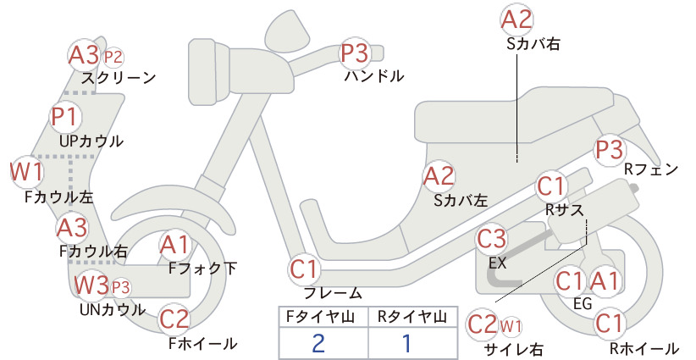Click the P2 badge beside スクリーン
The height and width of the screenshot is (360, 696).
(113, 58)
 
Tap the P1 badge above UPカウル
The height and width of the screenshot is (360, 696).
(66, 116)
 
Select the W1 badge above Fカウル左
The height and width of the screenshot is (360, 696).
(26, 172)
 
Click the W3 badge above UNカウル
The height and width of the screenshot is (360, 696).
(91, 285)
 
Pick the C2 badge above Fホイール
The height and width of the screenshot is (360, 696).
(174, 318)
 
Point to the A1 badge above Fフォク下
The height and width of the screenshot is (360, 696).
(175, 245)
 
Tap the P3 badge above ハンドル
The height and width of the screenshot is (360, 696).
(355, 53)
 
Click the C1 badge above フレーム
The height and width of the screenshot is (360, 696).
(305, 269)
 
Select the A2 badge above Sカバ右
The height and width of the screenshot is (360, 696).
(516, 19)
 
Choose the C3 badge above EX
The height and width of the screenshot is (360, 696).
(491, 239)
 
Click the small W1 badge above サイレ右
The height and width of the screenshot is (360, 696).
(511, 327)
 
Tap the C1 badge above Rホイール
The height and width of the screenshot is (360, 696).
(609, 324)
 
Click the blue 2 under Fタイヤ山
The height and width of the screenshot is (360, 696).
(318, 343)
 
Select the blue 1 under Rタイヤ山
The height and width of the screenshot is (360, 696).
(406, 343)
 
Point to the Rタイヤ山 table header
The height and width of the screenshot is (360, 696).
(412, 317)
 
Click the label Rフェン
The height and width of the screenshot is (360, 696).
(651, 169)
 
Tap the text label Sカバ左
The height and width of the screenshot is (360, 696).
(461, 201)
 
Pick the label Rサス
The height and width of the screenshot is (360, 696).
(564, 209)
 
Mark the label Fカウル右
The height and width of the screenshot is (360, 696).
(94, 252)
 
